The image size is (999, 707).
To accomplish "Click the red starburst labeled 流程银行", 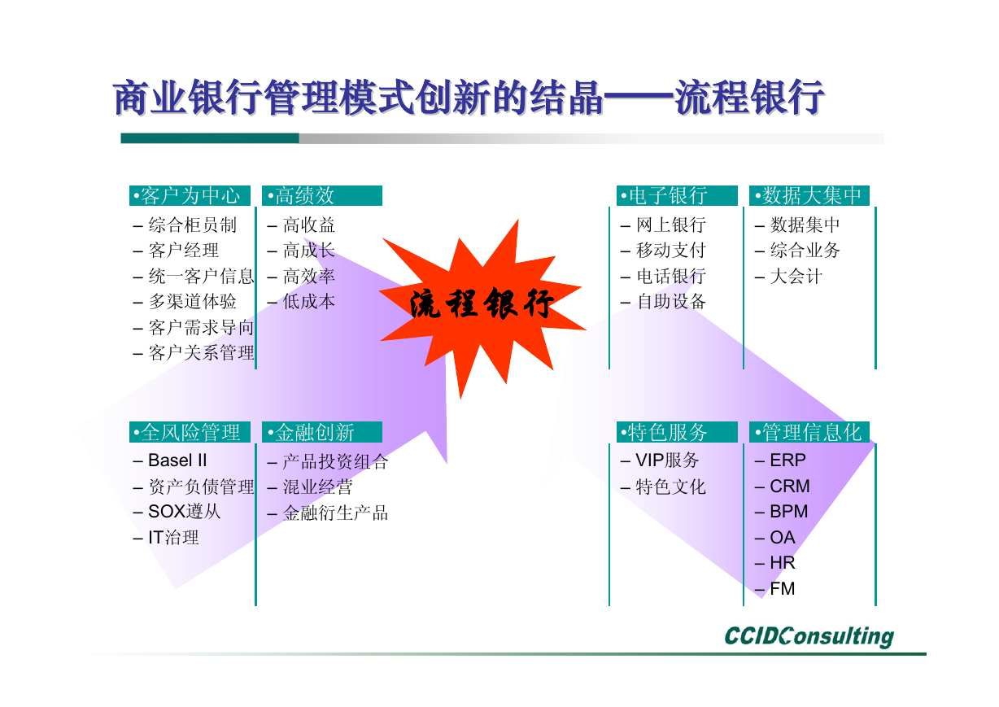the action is pos(482,308).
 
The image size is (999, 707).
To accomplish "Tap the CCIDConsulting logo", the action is pos(809,636).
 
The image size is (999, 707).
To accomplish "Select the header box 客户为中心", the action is pos(190,195).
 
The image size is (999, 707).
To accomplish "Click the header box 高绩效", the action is pos(322,195).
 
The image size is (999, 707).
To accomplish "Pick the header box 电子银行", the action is pos(677,195).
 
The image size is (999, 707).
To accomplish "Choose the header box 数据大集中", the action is pos(809,195).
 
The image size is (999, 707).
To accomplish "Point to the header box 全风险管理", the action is pos(190,432).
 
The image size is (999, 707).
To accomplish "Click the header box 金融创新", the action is pos(322,432).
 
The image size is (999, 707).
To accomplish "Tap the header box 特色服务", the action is pos(677,432).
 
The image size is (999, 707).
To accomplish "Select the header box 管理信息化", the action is pos(809,432).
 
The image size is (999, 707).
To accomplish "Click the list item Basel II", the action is pos(177,460).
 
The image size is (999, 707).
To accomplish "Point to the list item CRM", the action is pos(789,487).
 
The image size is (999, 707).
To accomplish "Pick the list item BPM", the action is pos(789,512).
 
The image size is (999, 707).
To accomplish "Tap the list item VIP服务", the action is pos(667,460).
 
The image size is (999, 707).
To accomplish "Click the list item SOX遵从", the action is pos(184,512).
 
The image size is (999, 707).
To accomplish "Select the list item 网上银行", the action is pos(671,225).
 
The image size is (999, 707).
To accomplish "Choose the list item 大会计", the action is pos(796,276).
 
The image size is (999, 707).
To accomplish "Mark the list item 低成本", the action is pos(308,302).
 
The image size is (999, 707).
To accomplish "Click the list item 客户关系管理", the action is pos(201,353).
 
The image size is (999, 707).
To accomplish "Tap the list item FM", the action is pos(783,589).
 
